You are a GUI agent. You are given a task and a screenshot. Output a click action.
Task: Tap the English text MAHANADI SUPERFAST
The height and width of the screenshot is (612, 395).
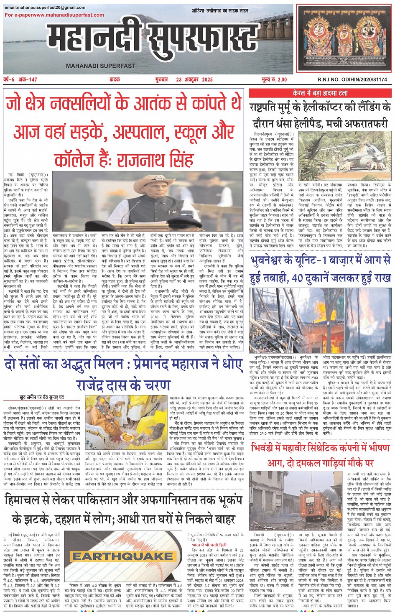pos(101,66)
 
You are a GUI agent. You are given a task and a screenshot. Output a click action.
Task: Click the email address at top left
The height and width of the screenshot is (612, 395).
pos(45,8)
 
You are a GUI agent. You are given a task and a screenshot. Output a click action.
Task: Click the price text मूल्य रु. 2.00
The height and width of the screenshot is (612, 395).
pos(274,79)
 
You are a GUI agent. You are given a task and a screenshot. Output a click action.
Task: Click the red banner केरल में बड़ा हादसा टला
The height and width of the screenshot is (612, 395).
pos(320,93)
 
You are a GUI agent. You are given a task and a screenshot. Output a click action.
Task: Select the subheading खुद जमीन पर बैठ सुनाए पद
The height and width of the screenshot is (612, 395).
pos(42,397)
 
